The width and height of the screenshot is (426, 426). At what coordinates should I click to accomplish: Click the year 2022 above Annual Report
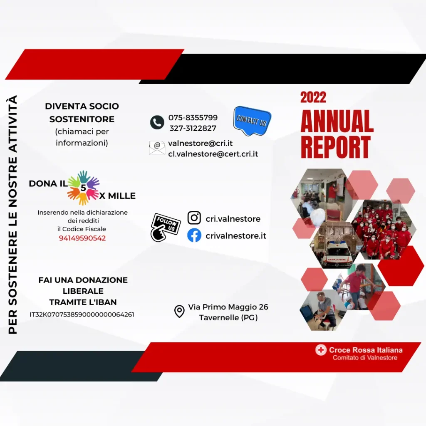[x=313, y=97]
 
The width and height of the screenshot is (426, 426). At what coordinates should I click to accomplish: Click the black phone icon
[x=157, y=122]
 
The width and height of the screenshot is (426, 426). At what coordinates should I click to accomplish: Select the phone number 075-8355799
[x=193, y=118]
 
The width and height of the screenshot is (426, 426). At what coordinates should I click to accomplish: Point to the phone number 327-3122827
[x=193, y=128]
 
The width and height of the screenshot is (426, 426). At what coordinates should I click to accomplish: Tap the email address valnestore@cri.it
[x=200, y=143]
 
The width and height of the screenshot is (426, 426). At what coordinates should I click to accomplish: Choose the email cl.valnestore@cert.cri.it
[x=213, y=154]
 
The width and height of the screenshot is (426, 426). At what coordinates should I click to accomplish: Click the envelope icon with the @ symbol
[x=157, y=148]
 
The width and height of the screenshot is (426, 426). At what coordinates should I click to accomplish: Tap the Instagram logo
[x=194, y=218]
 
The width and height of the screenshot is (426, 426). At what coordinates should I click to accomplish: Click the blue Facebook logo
[x=194, y=235]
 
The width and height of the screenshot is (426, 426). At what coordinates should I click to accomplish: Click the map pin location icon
[x=179, y=312]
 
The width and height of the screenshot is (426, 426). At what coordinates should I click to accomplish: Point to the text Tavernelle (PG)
[x=228, y=317]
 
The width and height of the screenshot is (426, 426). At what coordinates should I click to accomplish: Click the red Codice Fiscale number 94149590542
[x=82, y=238]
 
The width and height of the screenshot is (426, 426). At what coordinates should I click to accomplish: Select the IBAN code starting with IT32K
[x=82, y=315]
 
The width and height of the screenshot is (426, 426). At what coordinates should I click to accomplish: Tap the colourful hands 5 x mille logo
[x=83, y=188]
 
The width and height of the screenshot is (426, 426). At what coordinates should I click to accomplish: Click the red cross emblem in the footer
[x=321, y=350]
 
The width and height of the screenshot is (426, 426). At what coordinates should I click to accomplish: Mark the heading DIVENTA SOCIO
[x=82, y=106]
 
